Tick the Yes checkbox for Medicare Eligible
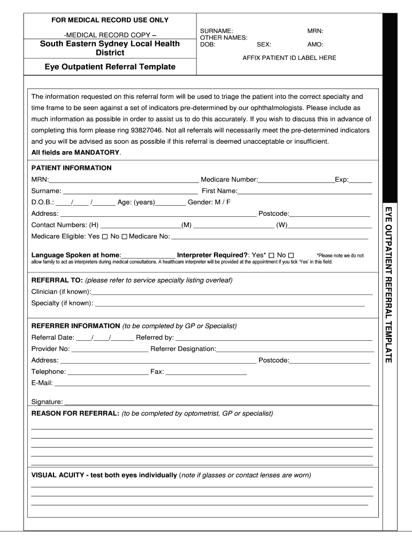105,237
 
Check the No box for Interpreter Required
291,256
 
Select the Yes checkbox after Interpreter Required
271,256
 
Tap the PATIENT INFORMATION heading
71,168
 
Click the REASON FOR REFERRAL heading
75,414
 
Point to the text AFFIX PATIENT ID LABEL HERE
289,58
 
